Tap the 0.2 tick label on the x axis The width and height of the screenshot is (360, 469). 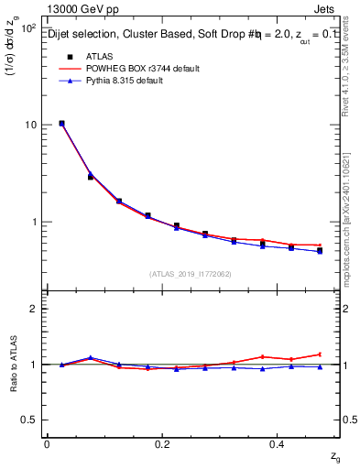pos(163,443)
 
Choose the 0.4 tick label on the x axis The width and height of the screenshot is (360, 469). pos(279,443)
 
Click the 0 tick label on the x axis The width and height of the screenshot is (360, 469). pos(47,443)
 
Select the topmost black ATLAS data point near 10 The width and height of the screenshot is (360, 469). pos(61,123)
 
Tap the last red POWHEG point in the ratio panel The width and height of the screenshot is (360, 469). pos(320,354)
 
